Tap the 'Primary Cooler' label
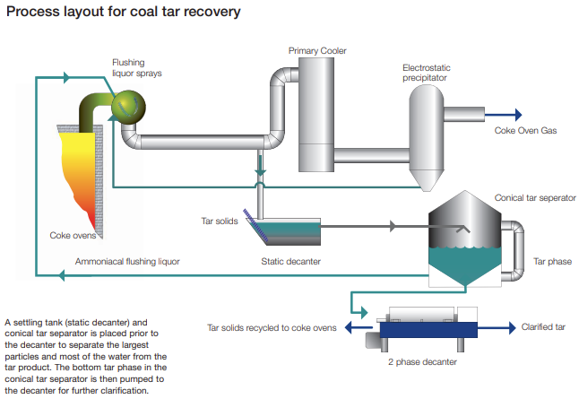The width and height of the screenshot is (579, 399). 317,51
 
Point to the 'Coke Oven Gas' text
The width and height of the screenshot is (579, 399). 525,130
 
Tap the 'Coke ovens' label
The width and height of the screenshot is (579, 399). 72,236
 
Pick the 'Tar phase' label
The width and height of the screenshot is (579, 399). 552,262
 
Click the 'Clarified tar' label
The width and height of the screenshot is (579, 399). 543,327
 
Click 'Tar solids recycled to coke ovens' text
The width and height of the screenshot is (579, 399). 272,328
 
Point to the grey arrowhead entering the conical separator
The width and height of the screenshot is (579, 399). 393,228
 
